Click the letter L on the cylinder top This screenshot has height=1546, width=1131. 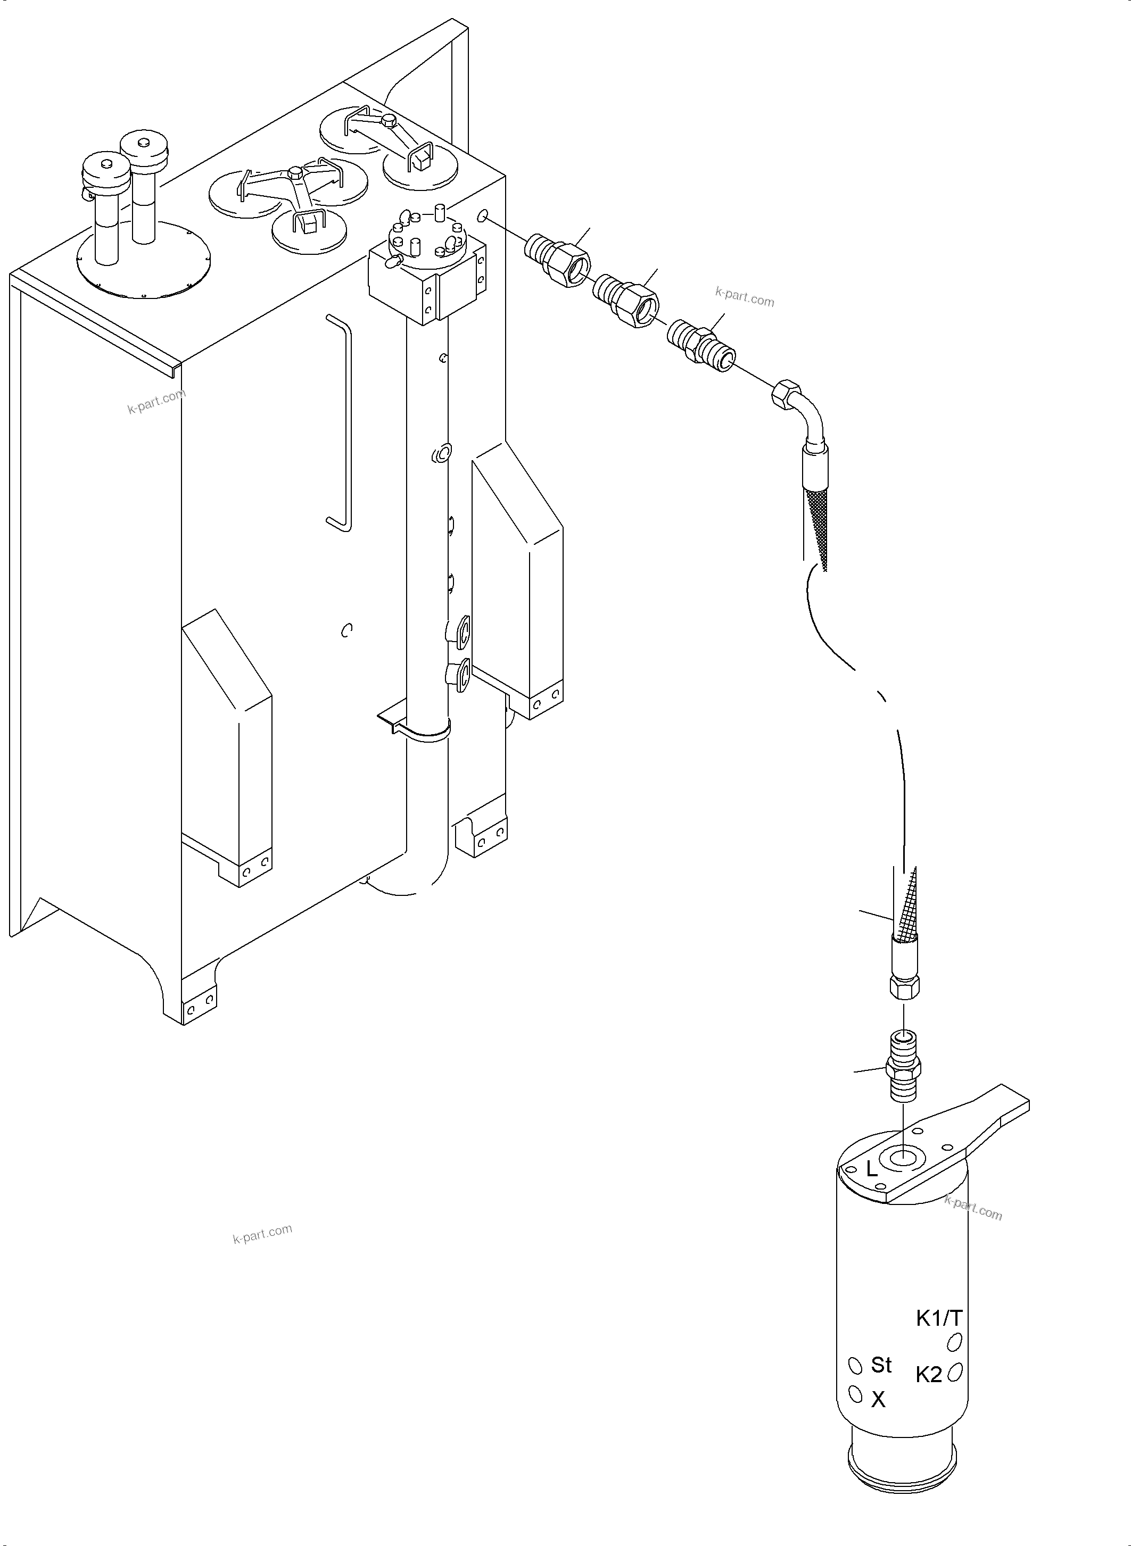click(x=871, y=1169)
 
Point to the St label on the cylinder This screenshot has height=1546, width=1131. click(x=881, y=1365)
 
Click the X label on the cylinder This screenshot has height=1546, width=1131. click(x=878, y=1400)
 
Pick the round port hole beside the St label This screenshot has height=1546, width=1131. click(x=854, y=1366)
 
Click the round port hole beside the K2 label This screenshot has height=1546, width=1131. click(x=956, y=1371)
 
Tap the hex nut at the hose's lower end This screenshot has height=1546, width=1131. click(x=904, y=986)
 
